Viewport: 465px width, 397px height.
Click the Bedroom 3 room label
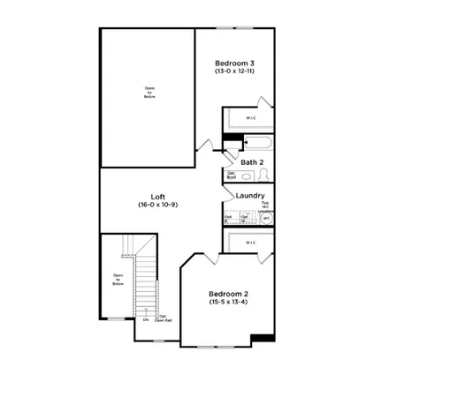235,63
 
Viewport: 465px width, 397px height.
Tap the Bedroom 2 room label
228,294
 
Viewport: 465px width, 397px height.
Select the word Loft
158,197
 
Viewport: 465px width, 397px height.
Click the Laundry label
251,195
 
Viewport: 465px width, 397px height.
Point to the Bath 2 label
252,162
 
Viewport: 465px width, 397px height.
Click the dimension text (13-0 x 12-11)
235,71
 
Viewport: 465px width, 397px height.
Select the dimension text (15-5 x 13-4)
228,303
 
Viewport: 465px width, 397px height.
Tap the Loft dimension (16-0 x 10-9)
158,206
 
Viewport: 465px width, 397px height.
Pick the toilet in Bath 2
263,176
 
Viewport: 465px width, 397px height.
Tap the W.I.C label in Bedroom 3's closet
250,117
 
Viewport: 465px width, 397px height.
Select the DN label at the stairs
145,320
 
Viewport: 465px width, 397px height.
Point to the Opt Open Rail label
163,318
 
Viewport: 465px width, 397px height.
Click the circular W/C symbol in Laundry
265,217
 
